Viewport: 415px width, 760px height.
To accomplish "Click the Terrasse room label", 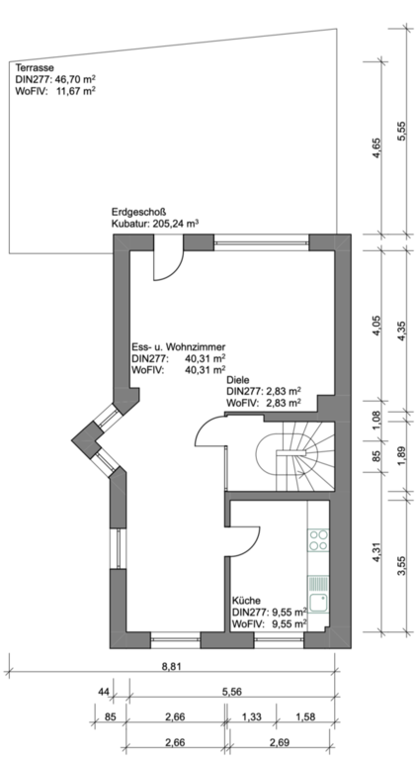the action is (x=35, y=68).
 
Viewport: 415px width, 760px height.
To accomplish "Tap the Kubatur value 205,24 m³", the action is (x=176, y=224).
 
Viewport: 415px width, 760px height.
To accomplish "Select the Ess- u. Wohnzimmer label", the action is (x=179, y=347).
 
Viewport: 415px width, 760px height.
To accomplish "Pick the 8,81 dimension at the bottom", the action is (x=171, y=666).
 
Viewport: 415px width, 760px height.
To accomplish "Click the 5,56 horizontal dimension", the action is (x=232, y=692).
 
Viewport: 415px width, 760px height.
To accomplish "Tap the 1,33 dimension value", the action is (x=251, y=716).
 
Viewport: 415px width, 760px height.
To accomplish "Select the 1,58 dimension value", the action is (x=305, y=716).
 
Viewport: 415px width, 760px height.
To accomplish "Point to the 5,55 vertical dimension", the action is (x=400, y=132).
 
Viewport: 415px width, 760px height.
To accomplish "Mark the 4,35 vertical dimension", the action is (x=400, y=332).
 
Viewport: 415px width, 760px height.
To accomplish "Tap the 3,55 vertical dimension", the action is (x=400, y=566).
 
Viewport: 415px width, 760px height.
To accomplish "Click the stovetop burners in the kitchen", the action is (x=318, y=540).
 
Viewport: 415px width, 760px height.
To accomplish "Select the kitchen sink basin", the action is (x=318, y=602).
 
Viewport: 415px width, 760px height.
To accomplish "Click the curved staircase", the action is (x=295, y=456).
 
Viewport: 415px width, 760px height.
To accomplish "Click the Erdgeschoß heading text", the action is (x=138, y=212).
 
